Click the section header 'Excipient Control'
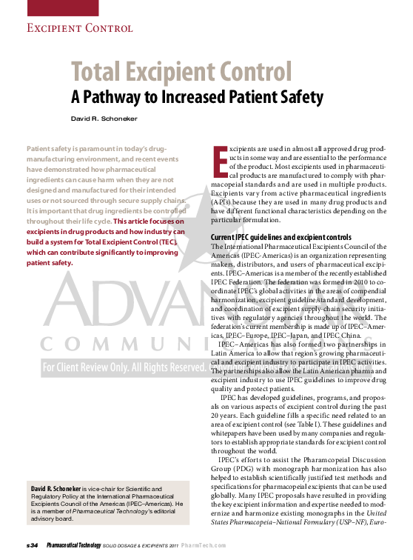click(79, 29)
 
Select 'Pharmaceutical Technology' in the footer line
click(73, 545)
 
